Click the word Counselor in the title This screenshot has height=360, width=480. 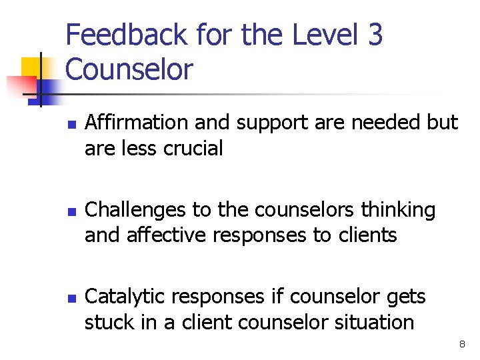[129, 69]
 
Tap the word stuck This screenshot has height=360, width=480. [105, 323]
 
